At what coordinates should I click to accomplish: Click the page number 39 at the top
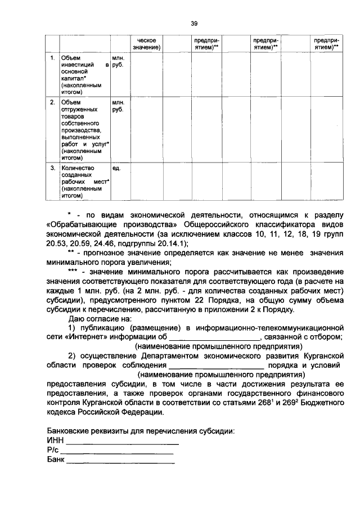click(193, 24)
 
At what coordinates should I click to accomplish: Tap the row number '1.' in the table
click(52, 58)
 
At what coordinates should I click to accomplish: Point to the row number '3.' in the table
click(52, 168)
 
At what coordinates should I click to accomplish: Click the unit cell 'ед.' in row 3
click(116, 168)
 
